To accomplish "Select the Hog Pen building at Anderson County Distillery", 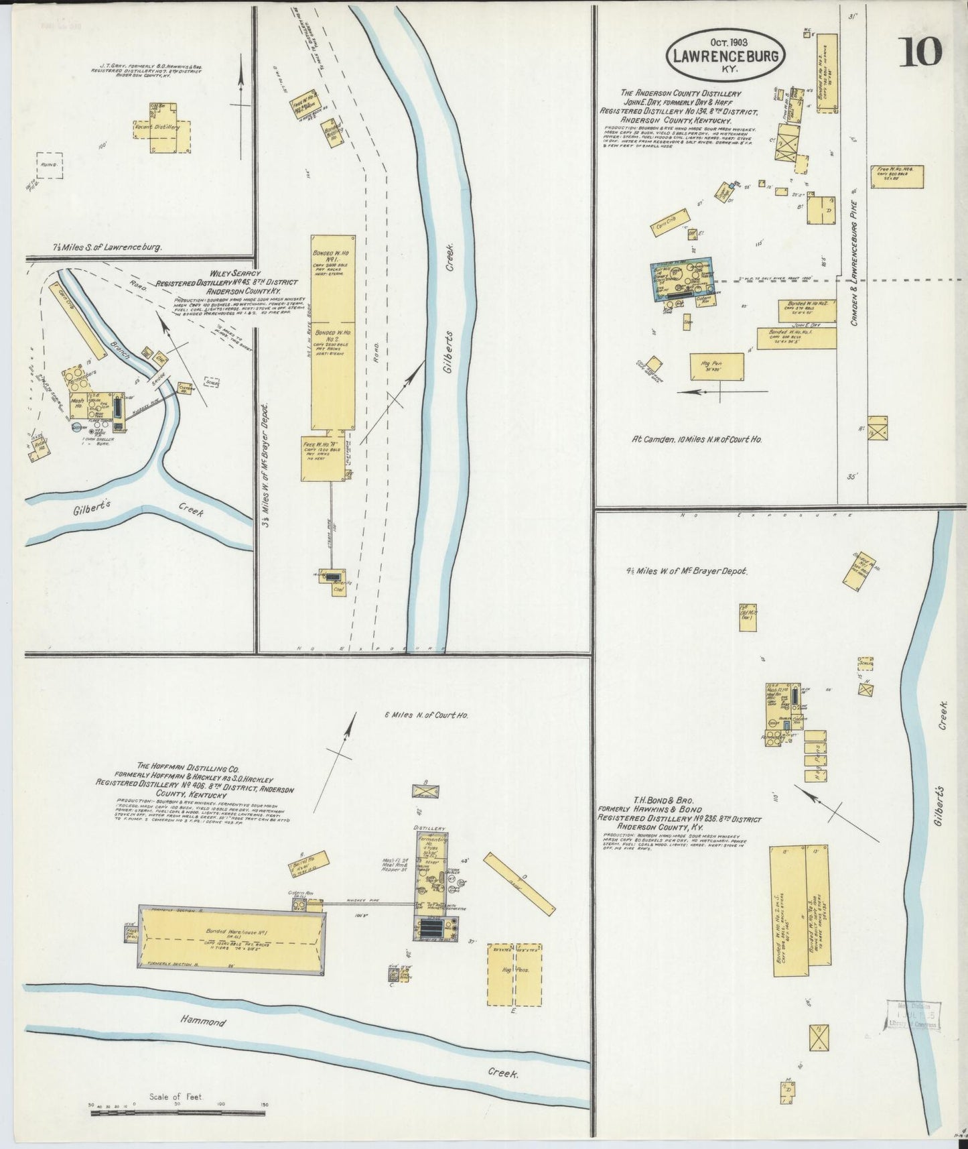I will [x=717, y=367].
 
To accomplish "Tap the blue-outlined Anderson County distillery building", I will [x=681, y=280].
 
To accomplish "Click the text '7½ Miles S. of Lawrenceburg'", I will [x=108, y=247].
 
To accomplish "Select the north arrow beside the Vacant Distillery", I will [x=241, y=94].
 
